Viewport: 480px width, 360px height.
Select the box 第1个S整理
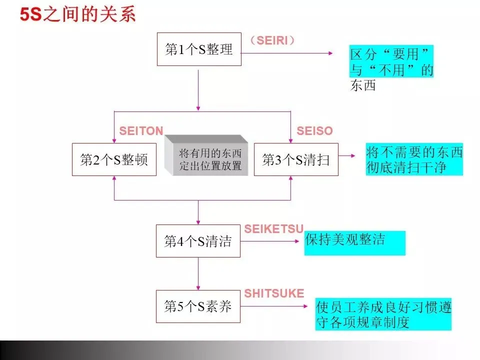(x=199, y=49)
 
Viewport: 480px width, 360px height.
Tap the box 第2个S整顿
(x=114, y=159)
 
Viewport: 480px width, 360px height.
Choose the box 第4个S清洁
(x=198, y=241)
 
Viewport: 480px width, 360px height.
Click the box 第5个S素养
(x=198, y=306)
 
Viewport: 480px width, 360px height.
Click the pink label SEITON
(x=141, y=131)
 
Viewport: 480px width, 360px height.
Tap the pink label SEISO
(x=314, y=131)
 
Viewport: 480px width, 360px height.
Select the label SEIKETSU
(x=274, y=229)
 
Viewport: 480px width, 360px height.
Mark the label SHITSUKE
(x=274, y=293)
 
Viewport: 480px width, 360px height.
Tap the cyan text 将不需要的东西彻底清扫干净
(x=414, y=159)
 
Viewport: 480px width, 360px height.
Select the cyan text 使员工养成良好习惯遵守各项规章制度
(x=383, y=314)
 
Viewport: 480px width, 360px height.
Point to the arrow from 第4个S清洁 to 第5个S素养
(x=198, y=273)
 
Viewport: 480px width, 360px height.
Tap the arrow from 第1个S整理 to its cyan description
(x=286, y=52)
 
